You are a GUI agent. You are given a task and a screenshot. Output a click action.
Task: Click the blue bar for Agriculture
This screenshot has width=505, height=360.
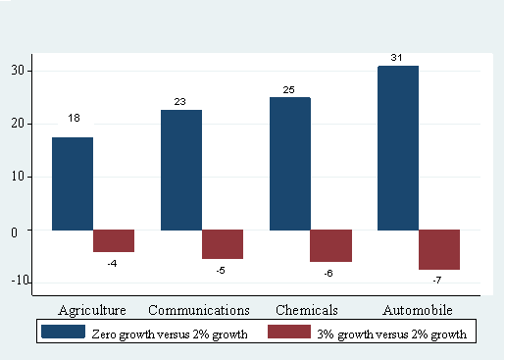coord(73,183)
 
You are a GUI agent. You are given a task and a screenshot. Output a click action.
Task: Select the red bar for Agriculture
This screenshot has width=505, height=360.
coord(114,241)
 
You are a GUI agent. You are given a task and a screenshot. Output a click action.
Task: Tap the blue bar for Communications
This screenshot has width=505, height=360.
coord(181,170)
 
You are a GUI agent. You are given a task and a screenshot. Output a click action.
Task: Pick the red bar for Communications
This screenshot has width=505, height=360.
coord(223,244)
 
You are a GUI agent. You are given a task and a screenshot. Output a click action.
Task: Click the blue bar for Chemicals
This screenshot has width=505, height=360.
coord(289,164)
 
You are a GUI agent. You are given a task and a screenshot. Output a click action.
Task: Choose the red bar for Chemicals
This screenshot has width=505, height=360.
coord(331,246)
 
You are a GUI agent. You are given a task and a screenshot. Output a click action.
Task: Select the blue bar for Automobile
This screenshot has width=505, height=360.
coord(398,148)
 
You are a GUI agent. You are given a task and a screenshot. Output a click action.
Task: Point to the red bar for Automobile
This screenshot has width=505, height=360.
coord(439,250)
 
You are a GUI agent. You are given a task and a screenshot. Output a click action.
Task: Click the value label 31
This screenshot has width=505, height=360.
coord(398,57)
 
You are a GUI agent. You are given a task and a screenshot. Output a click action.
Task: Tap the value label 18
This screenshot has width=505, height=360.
coord(74,119)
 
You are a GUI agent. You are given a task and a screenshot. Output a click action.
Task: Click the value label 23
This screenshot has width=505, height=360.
coord(181,101)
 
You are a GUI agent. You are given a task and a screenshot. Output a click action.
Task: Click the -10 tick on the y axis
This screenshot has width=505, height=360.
coord(18,283)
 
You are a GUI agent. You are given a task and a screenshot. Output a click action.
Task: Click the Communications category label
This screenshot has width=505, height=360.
coord(198,310)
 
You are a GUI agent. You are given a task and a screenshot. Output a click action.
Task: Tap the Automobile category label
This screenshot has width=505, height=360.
coord(416,310)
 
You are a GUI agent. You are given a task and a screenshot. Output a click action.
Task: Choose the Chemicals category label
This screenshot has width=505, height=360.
coord(307,310)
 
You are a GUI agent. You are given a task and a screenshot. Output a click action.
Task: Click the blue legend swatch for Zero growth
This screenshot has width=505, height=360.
coord(62,333)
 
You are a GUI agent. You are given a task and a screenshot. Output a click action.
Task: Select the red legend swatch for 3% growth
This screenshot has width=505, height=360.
coord(289,333)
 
